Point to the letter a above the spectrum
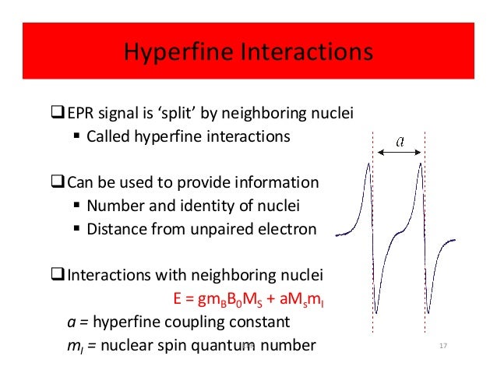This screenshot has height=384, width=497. (x=400, y=141)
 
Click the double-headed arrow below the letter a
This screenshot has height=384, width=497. (x=400, y=153)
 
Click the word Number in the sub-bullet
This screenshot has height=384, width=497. (x=114, y=206)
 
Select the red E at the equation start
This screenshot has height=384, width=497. (x=177, y=298)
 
